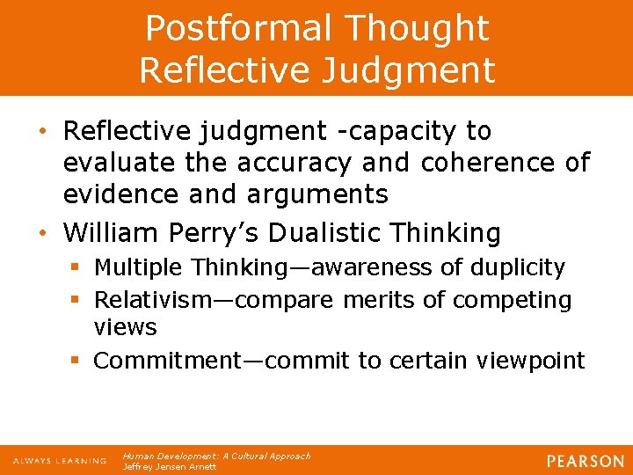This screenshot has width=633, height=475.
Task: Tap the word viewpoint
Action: [x=530, y=361]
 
